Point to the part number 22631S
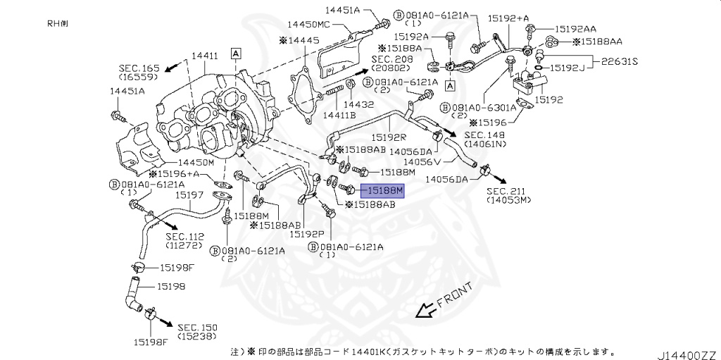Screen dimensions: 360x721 (619, 61)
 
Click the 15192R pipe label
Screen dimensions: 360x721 (389, 137)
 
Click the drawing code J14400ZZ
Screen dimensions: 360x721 (686, 349)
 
